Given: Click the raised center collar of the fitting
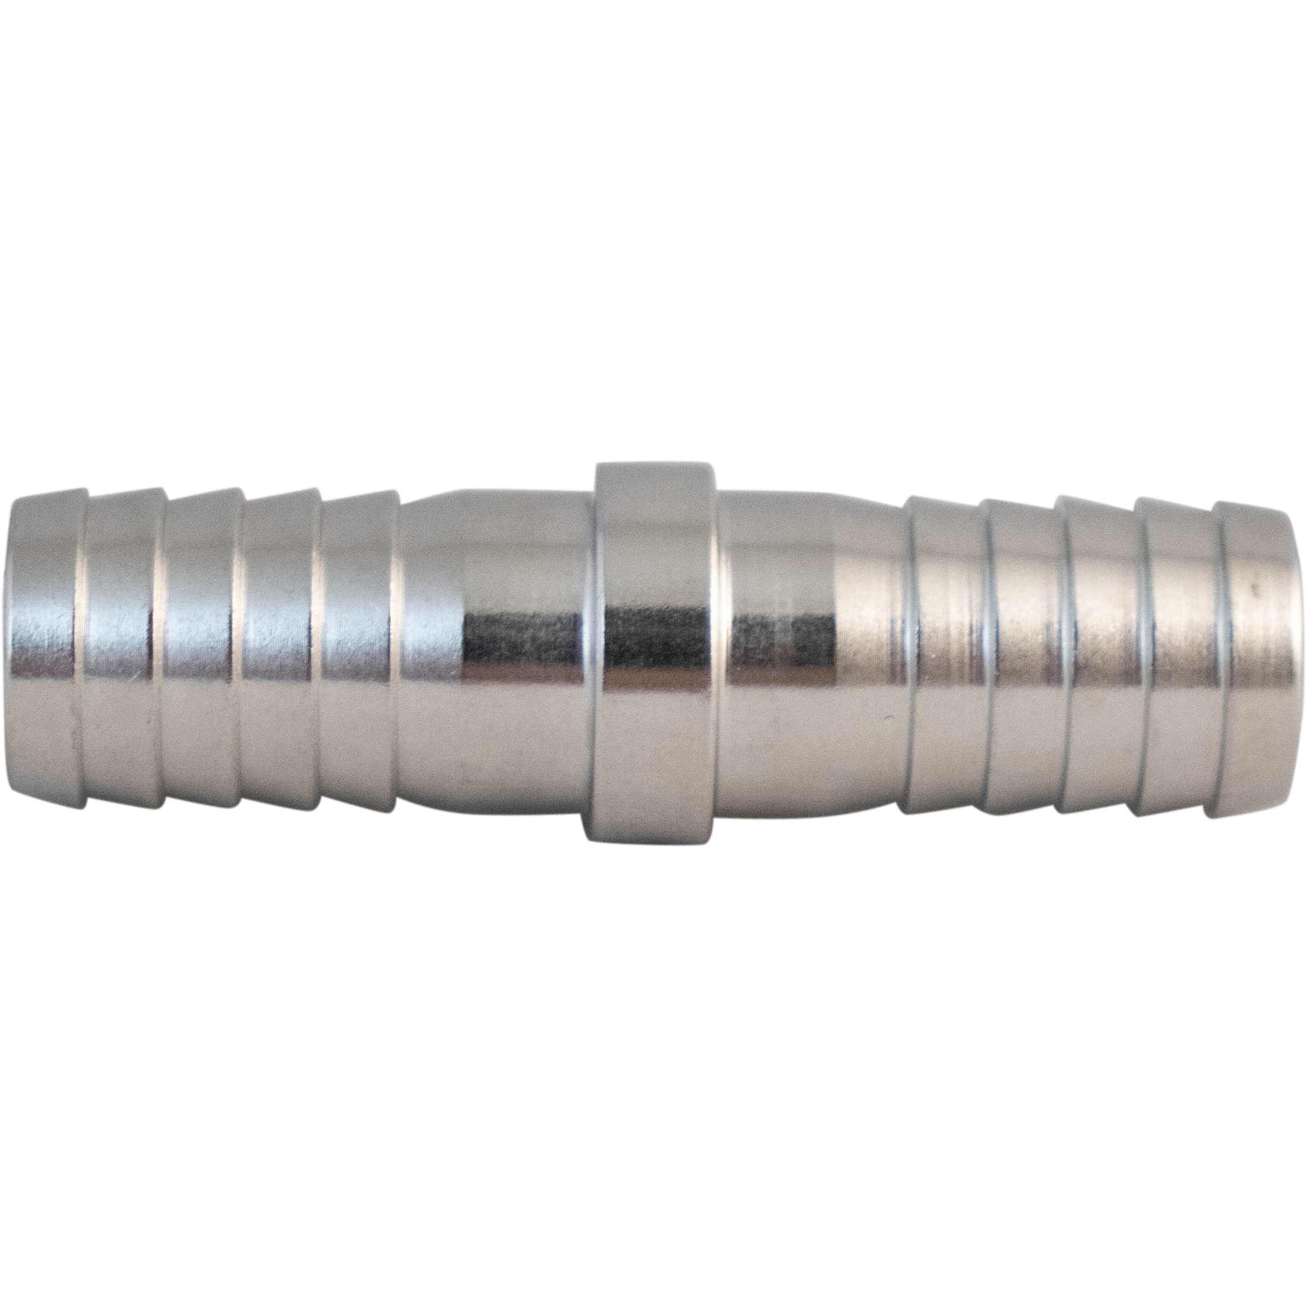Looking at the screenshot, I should pyautogui.click(x=652, y=653).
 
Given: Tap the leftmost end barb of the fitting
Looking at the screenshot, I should pyautogui.click(x=45, y=653).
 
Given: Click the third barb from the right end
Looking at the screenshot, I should pyautogui.click(x=1098, y=653).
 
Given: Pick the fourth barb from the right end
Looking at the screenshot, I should pyautogui.click(x=1021, y=653).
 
